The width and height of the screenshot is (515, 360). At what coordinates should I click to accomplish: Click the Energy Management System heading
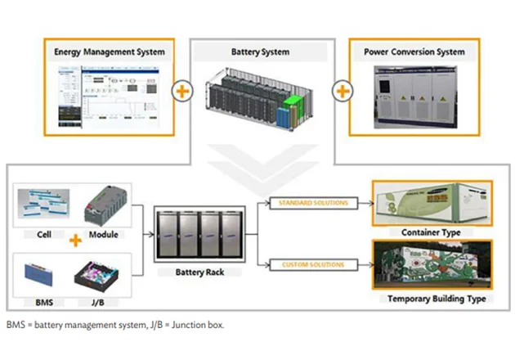[x=110, y=52]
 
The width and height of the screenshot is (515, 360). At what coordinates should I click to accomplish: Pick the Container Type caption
[x=432, y=233]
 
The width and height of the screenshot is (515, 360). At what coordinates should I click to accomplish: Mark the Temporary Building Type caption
[x=432, y=299]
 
